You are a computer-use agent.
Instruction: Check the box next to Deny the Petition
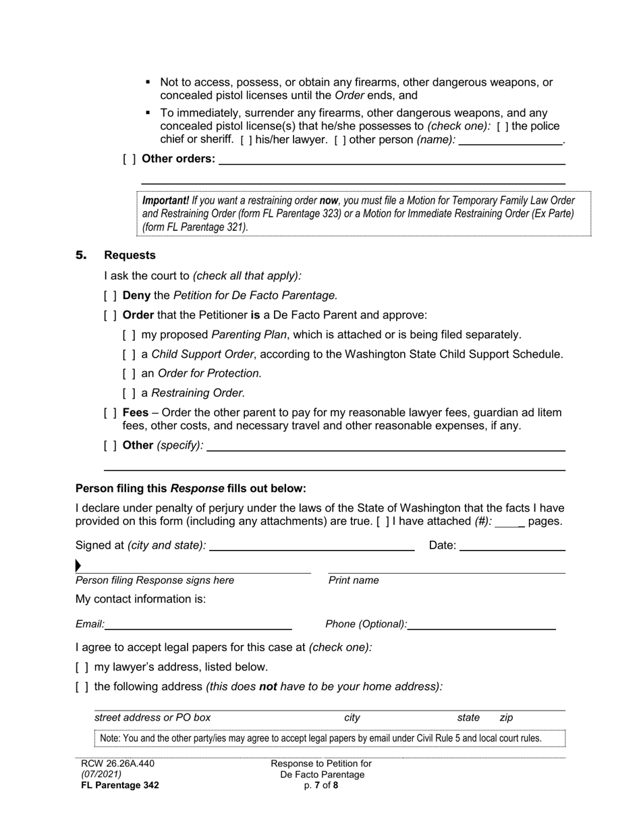[x=110, y=296]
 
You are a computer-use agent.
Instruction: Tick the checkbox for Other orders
[x=129, y=159]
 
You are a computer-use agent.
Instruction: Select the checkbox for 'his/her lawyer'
[x=246, y=140]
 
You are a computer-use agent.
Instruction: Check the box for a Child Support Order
[x=129, y=354]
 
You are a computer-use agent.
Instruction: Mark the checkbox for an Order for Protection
[x=129, y=374]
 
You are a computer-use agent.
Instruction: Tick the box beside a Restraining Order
[x=129, y=393]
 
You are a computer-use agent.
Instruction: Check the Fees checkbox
[x=110, y=412]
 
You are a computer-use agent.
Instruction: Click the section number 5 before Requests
[x=81, y=255]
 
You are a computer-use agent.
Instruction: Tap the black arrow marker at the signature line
[x=78, y=565]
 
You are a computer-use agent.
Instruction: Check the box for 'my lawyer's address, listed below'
[x=82, y=667]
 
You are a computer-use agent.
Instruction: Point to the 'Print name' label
[x=354, y=580]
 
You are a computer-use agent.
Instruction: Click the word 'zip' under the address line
[x=506, y=718]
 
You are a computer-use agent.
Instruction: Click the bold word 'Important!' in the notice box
[x=165, y=200]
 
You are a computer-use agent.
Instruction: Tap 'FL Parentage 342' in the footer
[x=119, y=785]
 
